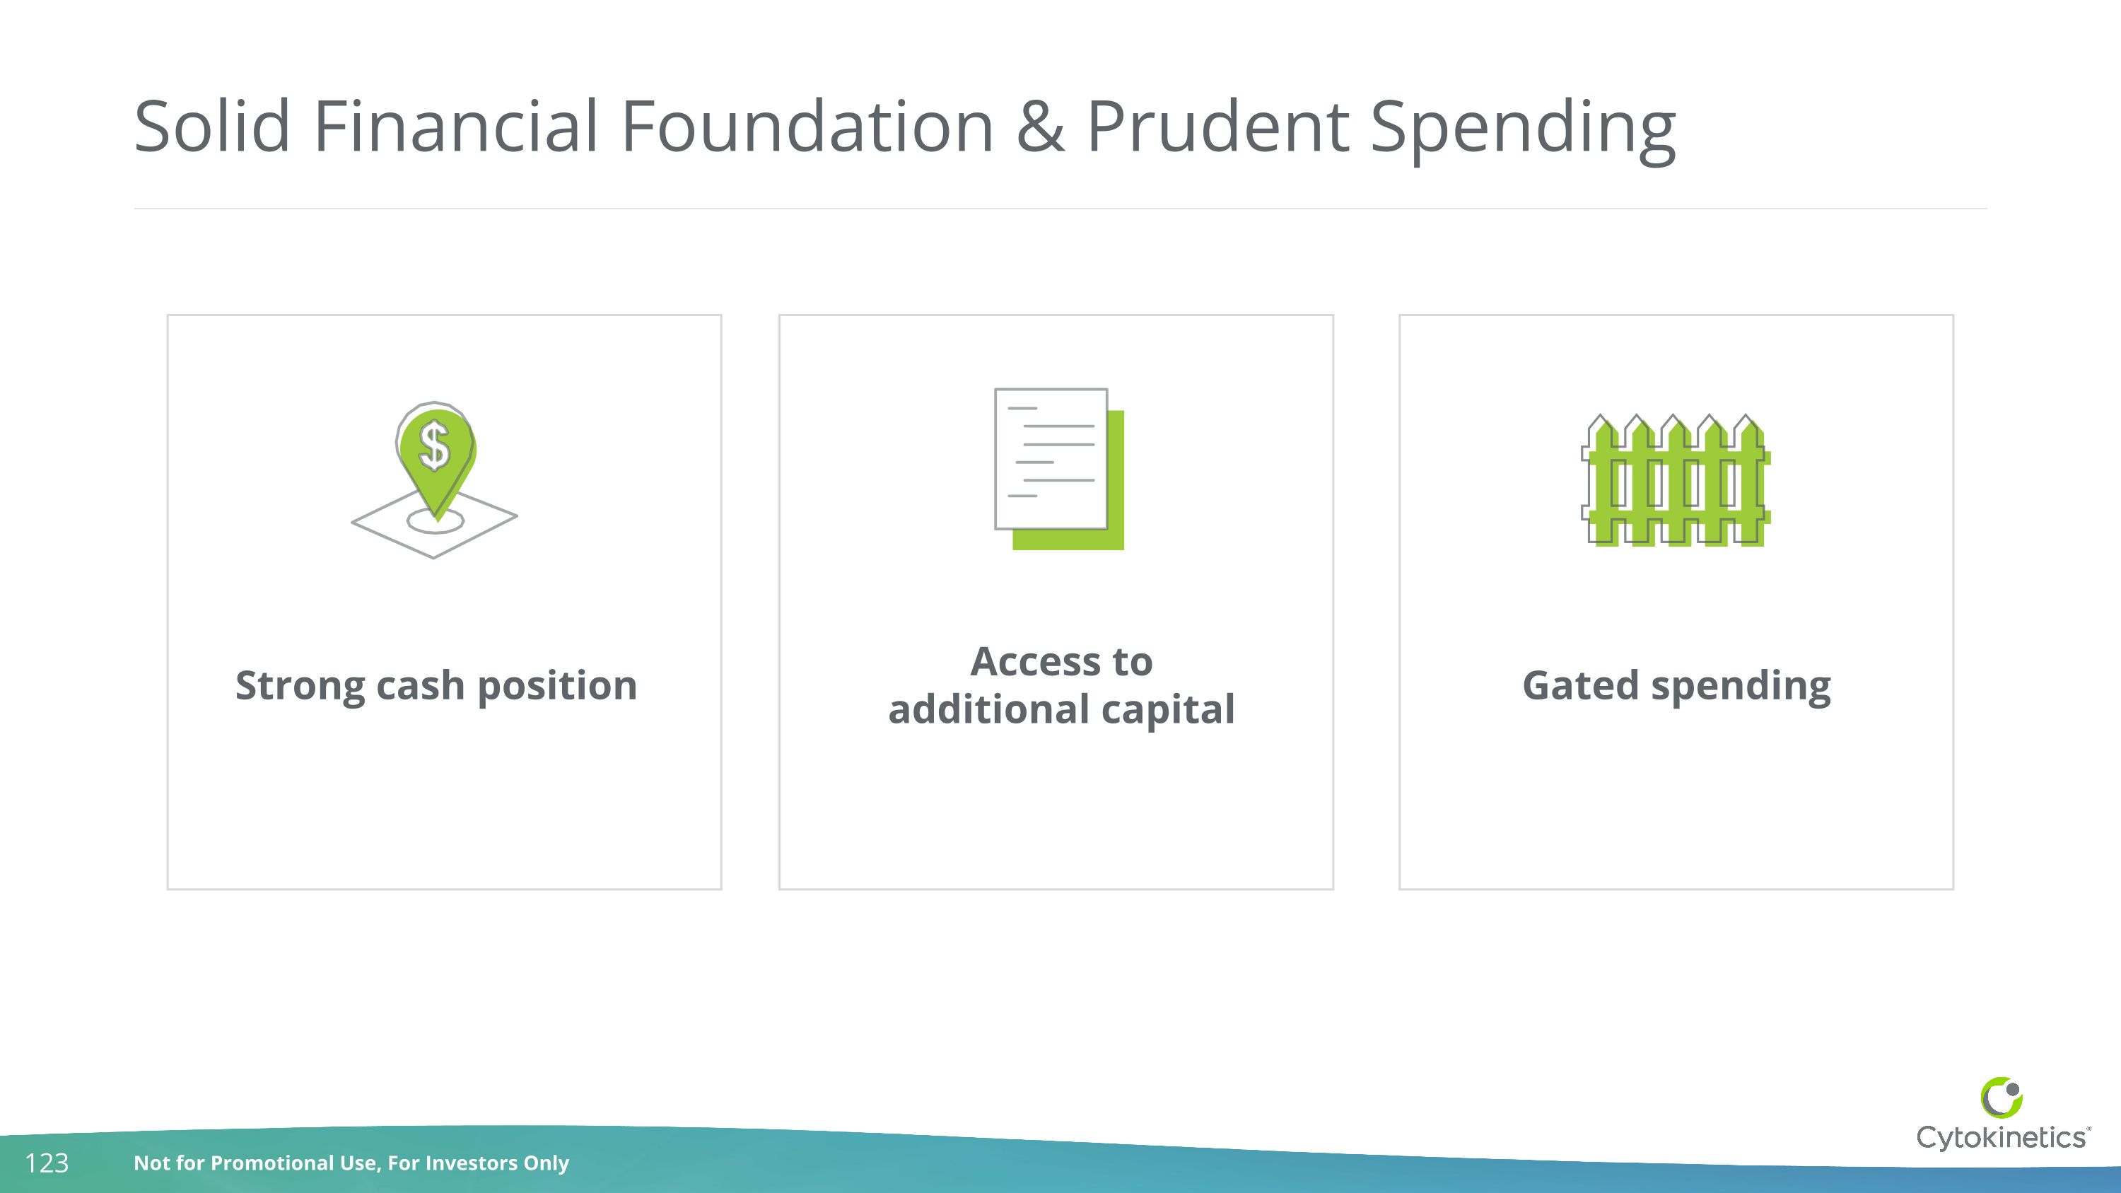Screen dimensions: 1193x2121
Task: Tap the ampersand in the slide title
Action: click(x=1040, y=127)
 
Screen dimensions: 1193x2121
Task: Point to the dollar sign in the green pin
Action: click(x=434, y=446)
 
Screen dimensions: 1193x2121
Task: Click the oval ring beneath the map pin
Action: click(x=436, y=521)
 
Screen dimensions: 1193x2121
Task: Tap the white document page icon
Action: click(x=1051, y=458)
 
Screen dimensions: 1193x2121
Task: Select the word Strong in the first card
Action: click(x=300, y=686)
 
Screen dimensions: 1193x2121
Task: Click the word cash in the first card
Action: click(x=420, y=685)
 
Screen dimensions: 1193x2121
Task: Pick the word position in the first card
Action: click(x=556, y=686)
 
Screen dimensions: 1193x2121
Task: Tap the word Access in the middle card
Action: click(x=1034, y=661)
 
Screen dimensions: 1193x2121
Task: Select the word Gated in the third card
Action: click(x=1580, y=685)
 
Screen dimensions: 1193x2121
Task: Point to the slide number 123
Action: click(x=47, y=1163)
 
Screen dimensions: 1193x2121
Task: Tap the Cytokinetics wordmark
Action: click(x=2002, y=1138)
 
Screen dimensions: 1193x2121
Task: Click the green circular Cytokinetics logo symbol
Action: click(x=2002, y=1098)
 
